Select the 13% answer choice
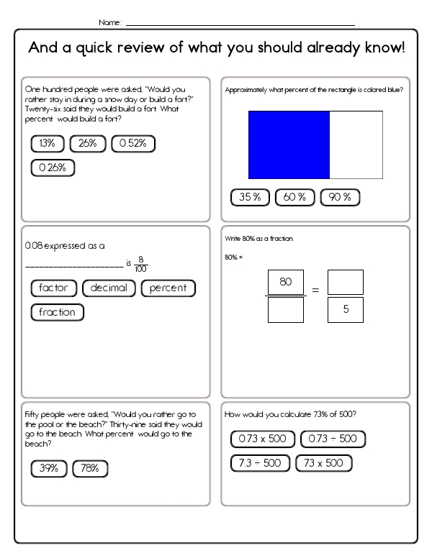click(x=48, y=144)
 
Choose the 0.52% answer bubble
click(x=133, y=144)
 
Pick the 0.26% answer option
click(x=53, y=168)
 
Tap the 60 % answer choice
click(x=291, y=198)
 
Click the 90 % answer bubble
click(x=339, y=198)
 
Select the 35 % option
click(x=250, y=198)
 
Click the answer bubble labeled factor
click(x=54, y=288)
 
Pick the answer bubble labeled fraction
click(x=58, y=313)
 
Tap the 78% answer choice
click(x=90, y=469)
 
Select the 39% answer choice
click(x=49, y=469)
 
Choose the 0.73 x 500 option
click(x=263, y=439)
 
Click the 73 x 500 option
click(x=324, y=463)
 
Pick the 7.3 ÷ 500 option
click(x=261, y=463)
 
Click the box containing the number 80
click(x=285, y=283)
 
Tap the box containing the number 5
click(x=346, y=310)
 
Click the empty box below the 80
click(x=285, y=310)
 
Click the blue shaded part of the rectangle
click(x=289, y=145)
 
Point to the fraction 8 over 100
click(x=141, y=264)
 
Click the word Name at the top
click(x=109, y=22)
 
